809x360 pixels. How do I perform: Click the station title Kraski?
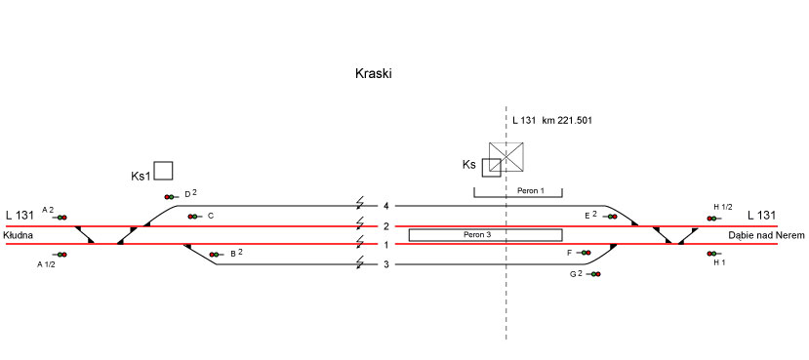point(374,74)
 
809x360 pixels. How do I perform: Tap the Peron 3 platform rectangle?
point(486,235)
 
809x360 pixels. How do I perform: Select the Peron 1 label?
point(531,190)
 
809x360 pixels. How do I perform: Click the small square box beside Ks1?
point(164,171)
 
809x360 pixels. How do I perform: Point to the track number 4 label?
point(386,206)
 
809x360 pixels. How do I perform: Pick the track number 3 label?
point(386,264)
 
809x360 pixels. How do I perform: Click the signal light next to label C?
point(193,217)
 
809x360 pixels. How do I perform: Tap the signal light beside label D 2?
point(170,196)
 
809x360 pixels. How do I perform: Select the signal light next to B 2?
point(215,255)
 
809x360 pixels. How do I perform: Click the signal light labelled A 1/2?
point(61,255)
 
